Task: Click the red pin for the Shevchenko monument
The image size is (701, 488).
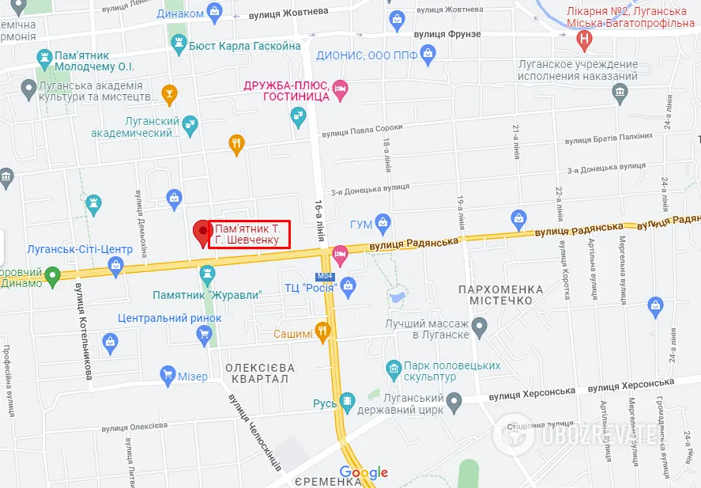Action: click(203, 232)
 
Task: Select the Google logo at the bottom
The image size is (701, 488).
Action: click(364, 473)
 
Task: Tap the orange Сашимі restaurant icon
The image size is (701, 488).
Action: click(322, 331)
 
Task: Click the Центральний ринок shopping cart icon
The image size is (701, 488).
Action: click(205, 334)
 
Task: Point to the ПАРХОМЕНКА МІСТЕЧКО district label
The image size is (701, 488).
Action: click(501, 296)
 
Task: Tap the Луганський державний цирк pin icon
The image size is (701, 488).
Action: click(454, 403)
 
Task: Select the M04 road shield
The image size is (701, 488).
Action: click(325, 276)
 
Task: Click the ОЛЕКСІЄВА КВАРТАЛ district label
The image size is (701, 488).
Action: click(260, 373)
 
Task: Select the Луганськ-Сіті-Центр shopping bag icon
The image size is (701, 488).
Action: click(117, 266)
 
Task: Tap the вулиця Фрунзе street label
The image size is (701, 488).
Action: click(447, 34)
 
